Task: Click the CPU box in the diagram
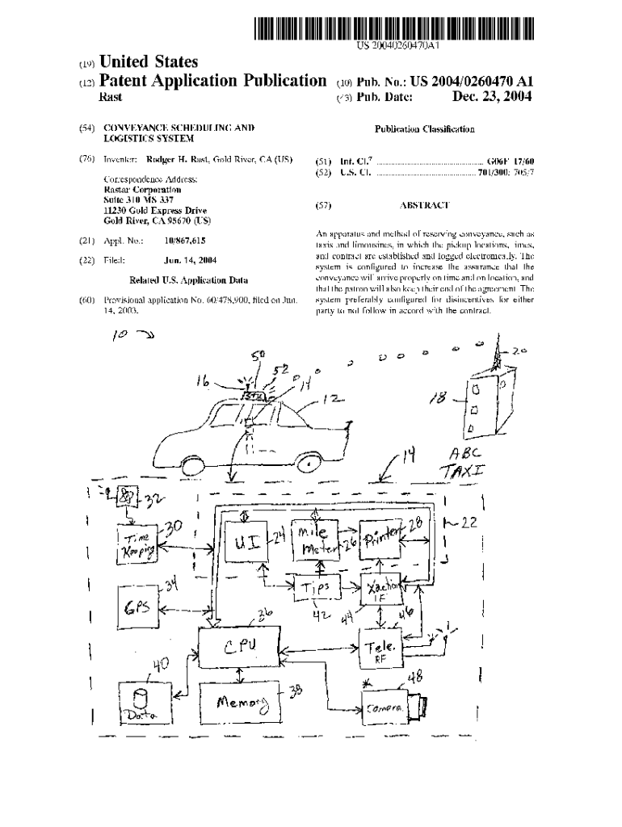pyautogui.click(x=240, y=645)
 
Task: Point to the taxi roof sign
pyautogui.click(x=254, y=395)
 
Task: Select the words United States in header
pyautogui.click(x=149, y=62)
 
